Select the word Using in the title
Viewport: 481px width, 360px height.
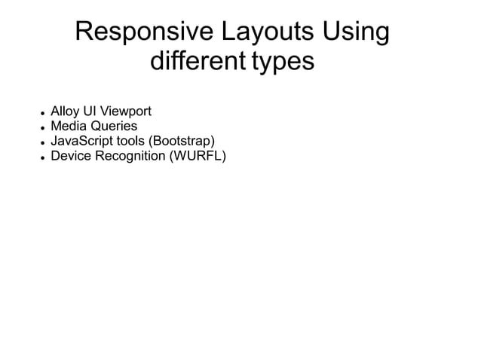pos(356,33)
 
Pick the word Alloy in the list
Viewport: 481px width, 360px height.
pos(65,113)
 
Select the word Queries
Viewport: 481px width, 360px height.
pos(112,127)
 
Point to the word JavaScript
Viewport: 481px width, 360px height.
pos(81,142)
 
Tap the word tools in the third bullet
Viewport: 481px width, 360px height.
pos(131,142)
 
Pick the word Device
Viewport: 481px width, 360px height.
pos(69,156)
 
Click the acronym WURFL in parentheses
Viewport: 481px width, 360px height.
pos(199,156)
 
